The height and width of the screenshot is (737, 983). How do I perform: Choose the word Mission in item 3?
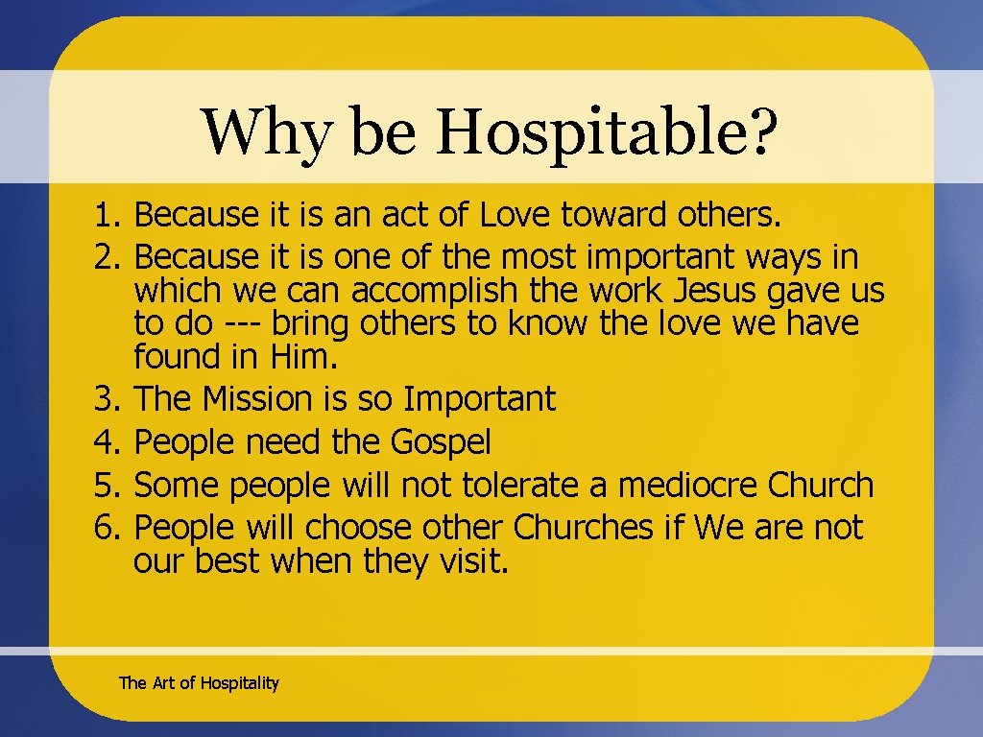pyautogui.click(x=252, y=398)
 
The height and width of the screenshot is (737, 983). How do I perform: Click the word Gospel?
pyautogui.click(x=441, y=442)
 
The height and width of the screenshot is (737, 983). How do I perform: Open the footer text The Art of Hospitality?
pyautogui.click(x=199, y=683)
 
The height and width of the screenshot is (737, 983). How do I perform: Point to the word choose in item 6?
pyautogui.click(x=360, y=528)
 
